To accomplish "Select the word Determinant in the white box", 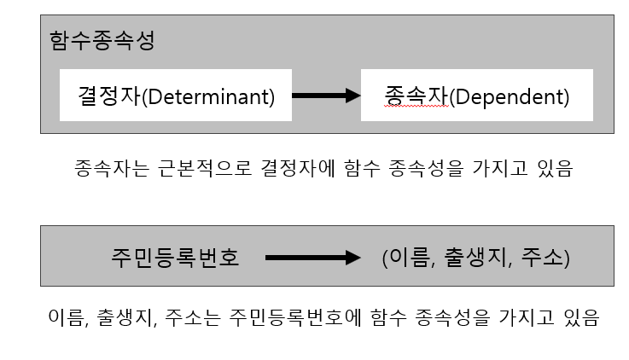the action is click(x=213, y=96).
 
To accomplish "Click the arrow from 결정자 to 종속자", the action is click(x=325, y=96).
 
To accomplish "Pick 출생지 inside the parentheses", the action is click(x=470, y=257).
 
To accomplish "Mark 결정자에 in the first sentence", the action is click(x=300, y=168).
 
